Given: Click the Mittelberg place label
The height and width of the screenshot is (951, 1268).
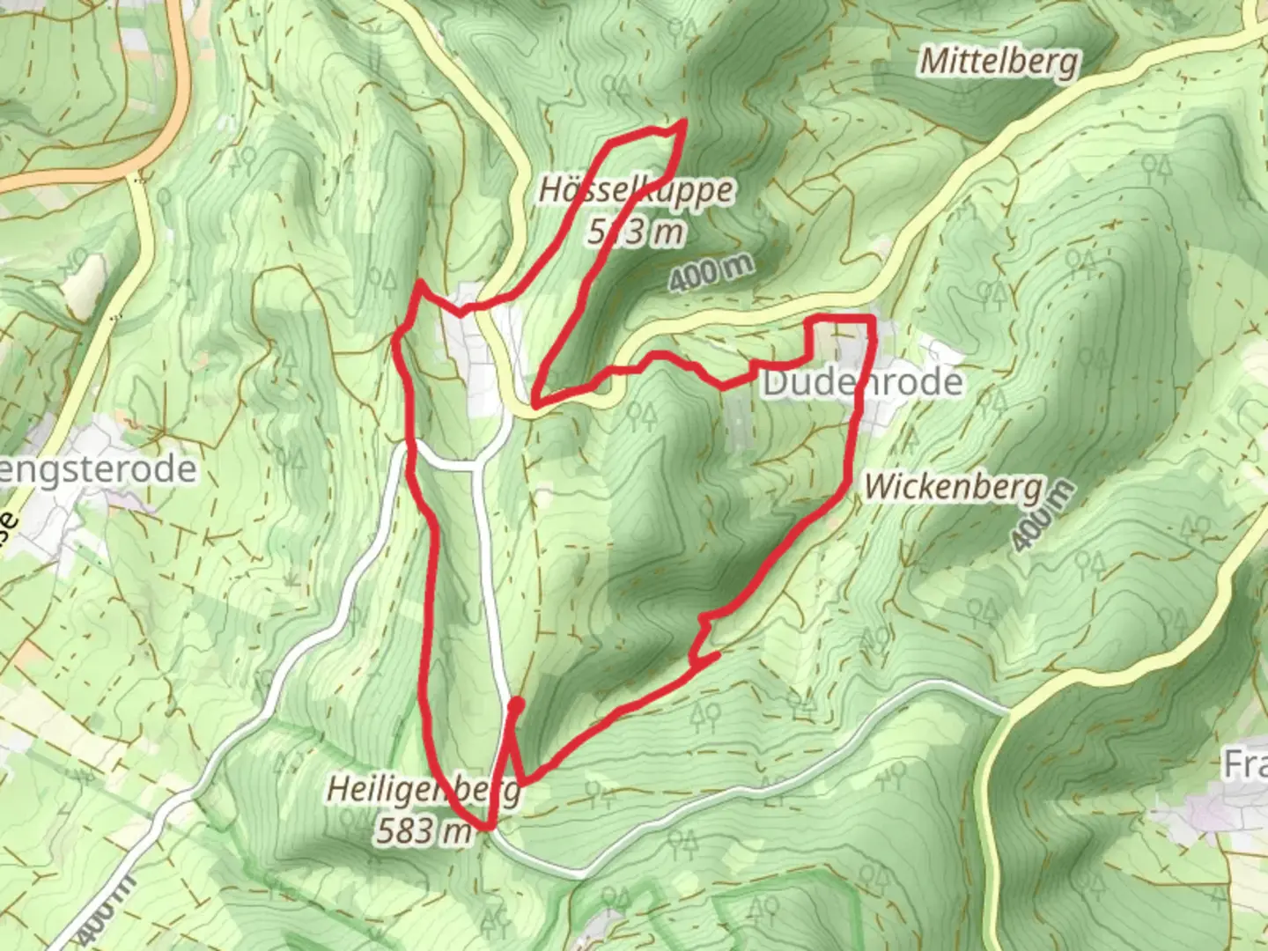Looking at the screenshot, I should (x=999, y=62).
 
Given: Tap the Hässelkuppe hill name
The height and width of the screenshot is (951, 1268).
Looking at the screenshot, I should (x=635, y=190).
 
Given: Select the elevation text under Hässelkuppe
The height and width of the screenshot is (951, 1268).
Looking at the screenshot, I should (x=635, y=232).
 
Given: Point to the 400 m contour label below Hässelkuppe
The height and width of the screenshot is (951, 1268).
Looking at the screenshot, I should (x=711, y=272).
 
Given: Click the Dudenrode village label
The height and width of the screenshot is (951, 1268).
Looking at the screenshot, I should (x=862, y=382).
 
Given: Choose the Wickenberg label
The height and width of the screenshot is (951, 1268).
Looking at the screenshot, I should (x=953, y=486).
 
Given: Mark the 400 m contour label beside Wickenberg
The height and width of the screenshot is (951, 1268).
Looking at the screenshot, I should (x=1043, y=517).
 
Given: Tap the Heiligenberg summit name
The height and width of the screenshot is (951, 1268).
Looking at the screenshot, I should (x=424, y=789).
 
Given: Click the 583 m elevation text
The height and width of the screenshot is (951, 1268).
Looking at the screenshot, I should (x=423, y=829).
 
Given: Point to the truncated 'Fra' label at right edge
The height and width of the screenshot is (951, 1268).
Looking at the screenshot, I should (x=1245, y=764).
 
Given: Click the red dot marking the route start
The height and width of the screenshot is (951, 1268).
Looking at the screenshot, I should (x=517, y=704).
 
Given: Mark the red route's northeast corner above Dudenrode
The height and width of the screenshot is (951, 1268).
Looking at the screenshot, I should (x=872, y=317).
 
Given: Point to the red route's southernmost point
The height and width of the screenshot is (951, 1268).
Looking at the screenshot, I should (x=486, y=828).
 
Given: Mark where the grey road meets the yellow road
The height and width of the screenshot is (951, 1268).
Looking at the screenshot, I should (x=1006, y=710).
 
